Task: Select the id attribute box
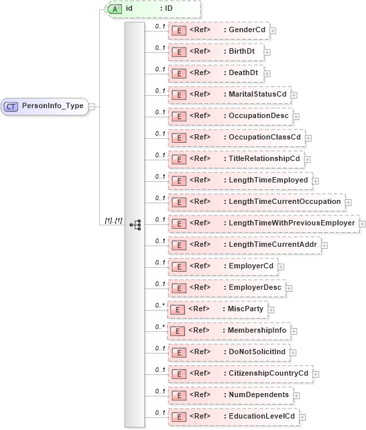(151, 9)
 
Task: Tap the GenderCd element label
(245, 30)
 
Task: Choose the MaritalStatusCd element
(228, 94)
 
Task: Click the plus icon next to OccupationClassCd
(309, 138)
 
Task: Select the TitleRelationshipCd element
(235, 158)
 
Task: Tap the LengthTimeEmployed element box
(238, 180)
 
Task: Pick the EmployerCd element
(225, 266)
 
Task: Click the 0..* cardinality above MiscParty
(160, 305)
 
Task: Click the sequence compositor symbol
(135, 224)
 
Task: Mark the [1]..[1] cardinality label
(113, 220)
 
